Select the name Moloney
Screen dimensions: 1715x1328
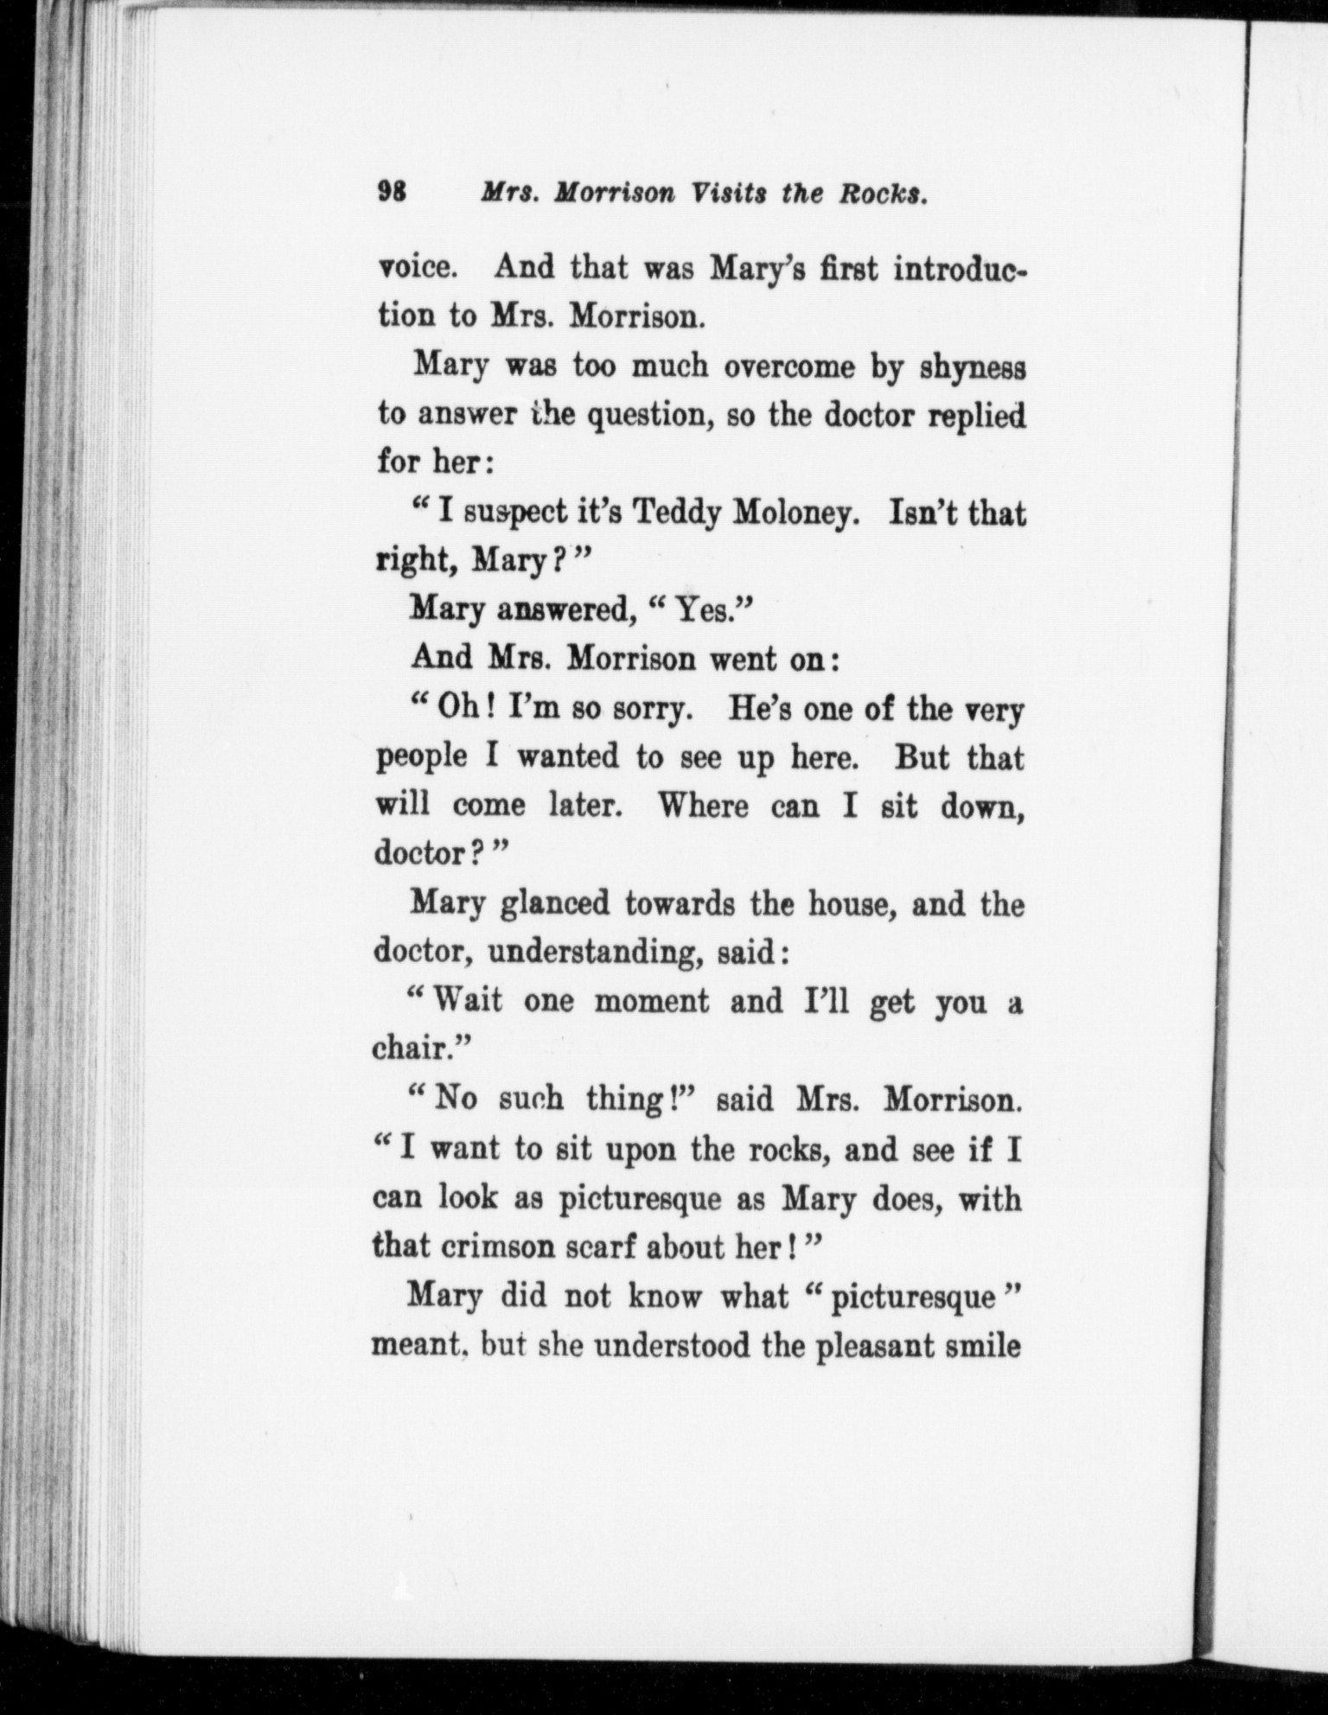pyautogui.click(x=795, y=516)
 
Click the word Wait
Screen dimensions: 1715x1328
pyautogui.click(x=468, y=1001)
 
